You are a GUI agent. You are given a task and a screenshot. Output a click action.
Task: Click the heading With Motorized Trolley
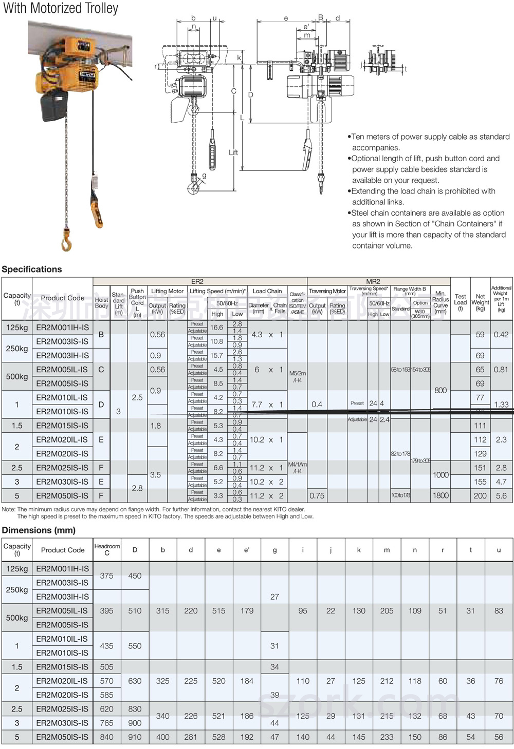(x=61, y=9)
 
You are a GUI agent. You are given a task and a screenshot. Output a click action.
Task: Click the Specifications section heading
(x=32, y=270)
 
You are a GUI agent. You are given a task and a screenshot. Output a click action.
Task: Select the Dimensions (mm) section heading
(x=39, y=530)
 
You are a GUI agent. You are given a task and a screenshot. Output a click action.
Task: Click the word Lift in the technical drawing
(x=233, y=152)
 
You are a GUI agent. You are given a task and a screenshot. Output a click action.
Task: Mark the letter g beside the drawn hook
(x=204, y=176)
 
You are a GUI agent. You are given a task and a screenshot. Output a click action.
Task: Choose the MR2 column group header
(x=373, y=281)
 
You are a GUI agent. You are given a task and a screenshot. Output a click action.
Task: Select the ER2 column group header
(x=197, y=281)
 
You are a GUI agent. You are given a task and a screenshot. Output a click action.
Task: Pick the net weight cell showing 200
(x=480, y=496)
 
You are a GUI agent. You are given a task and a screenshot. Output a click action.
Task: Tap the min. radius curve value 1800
(x=440, y=496)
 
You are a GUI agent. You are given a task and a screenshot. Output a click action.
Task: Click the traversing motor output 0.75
(x=317, y=496)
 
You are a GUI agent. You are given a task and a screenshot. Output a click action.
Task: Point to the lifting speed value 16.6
(x=217, y=328)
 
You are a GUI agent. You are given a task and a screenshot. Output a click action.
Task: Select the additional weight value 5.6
(x=501, y=496)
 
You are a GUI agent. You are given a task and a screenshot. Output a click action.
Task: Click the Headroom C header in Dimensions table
(x=107, y=550)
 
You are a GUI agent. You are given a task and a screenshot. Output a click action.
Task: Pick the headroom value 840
(x=107, y=737)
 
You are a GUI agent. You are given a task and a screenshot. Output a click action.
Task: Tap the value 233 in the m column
(x=387, y=737)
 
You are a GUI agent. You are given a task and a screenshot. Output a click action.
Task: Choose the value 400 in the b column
(x=163, y=737)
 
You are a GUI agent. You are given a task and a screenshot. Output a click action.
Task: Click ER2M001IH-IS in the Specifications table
(x=63, y=328)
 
